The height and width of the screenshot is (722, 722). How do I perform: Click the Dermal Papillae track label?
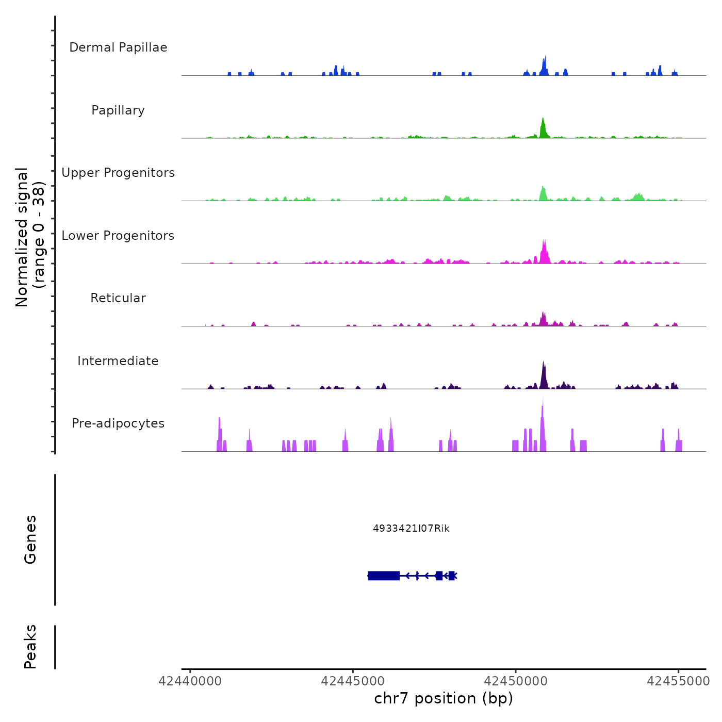click(x=118, y=47)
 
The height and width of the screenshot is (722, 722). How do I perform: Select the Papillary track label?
click(x=118, y=110)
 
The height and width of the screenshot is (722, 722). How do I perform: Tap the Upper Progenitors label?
click(x=118, y=173)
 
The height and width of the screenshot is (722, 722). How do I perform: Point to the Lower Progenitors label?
click(x=118, y=236)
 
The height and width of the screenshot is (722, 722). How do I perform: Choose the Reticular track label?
click(x=118, y=298)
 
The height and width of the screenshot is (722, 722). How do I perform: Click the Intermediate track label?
click(x=118, y=361)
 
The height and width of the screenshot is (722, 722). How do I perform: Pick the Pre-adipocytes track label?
click(x=118, y=423)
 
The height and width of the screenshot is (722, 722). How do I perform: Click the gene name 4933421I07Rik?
click(x=411, y=529)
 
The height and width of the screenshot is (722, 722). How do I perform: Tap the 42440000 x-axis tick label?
click(x=190, y=681)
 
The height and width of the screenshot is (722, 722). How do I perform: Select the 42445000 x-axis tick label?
click(x=353, y=681)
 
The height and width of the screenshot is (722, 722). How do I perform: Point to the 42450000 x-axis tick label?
click(x=516, y=681)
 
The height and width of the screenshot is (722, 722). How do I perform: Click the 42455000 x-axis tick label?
click(x=678, y=681)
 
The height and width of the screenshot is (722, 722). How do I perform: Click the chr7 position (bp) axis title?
click(x=444, y=698)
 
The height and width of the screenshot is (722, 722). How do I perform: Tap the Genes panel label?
click(x=30, y=539)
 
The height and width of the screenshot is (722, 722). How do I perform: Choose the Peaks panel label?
click(x=30, y=647)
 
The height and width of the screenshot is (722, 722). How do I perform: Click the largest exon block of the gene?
click(x=384, y=576)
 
